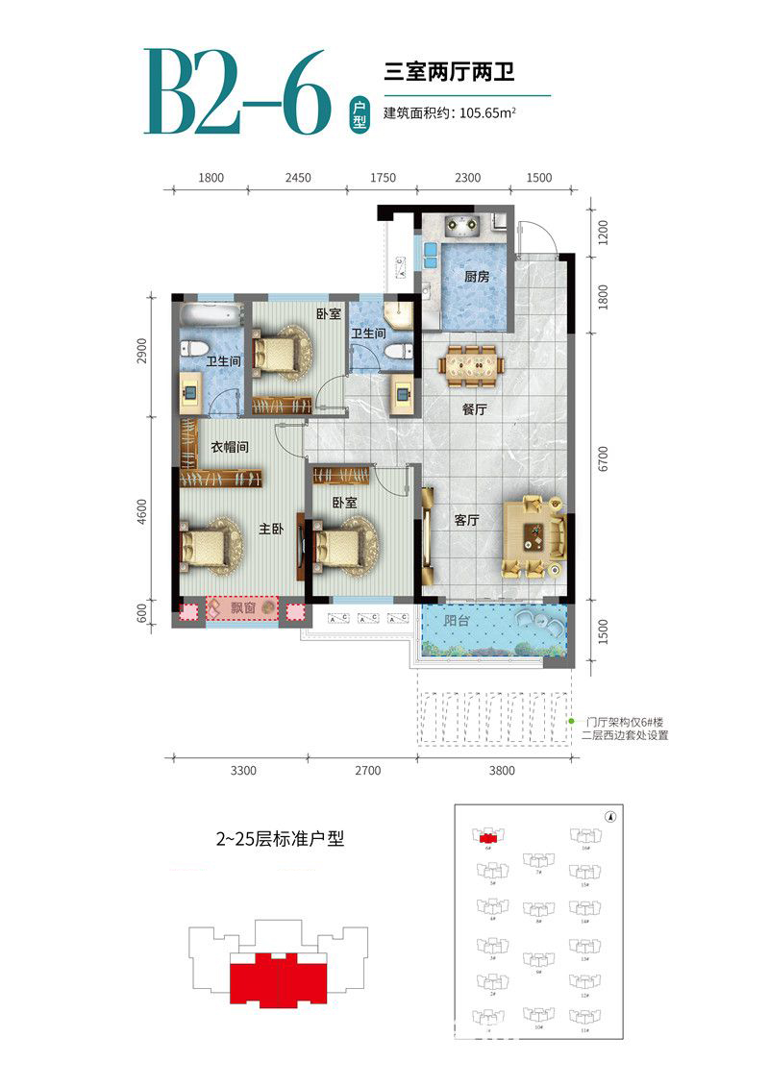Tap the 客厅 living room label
467,520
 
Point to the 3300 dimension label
242,770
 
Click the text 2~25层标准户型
279,838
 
